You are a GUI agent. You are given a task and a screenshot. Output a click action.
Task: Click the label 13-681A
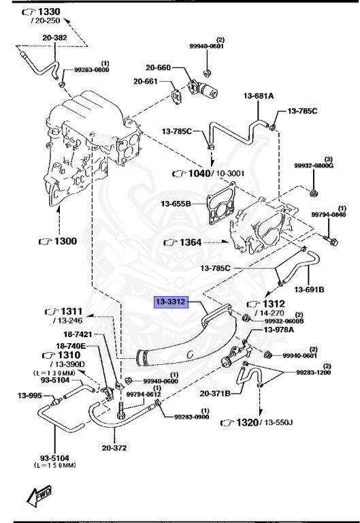(x=257, y=97)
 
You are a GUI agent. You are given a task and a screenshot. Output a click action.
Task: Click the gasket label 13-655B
(x=176, y=203)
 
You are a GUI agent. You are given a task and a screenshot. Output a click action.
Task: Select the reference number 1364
(x=189, y=242)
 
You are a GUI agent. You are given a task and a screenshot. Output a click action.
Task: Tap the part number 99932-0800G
(x=313, y=165)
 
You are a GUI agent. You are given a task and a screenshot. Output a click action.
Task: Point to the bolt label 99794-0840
(x=329, y=215)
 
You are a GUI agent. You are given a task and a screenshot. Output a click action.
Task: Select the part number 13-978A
(x=278, y=330)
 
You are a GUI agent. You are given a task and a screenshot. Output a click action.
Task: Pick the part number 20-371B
(x=215, y=393)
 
